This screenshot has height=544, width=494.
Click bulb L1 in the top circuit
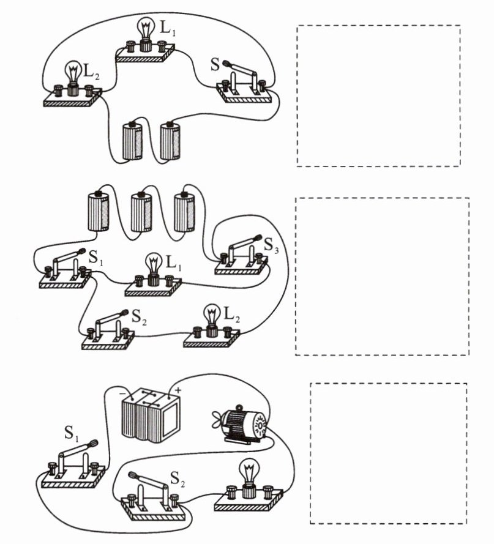pos(146,31)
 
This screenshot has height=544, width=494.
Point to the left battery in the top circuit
pos(132,141)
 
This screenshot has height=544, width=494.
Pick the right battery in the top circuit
pos(170,141)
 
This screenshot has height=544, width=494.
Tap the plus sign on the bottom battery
pos(178,389)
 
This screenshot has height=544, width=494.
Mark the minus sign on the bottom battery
pos(122,390)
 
